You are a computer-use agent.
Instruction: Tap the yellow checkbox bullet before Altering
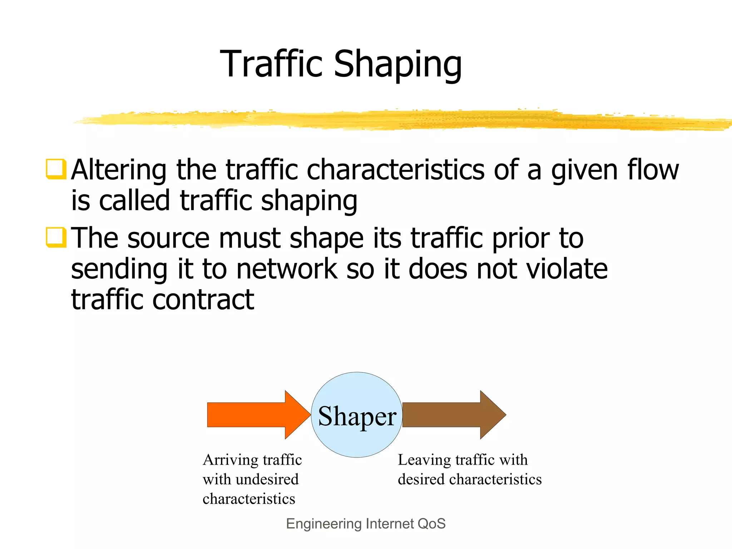56,169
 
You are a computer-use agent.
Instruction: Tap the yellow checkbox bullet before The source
56,237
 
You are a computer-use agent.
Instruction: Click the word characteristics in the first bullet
395,169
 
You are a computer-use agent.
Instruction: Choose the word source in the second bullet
168,238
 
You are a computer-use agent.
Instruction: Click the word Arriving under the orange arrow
230,460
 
